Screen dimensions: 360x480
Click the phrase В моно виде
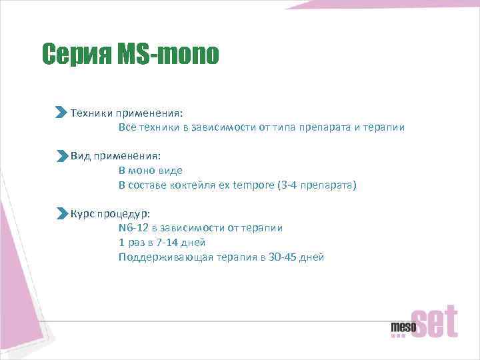click(x=151, y=171)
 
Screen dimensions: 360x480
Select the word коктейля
click(x=193, y=185)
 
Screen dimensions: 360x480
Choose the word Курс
click(x=83, y=214)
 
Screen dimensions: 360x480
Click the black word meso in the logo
click(x=403, y=327)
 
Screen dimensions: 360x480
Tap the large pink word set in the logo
click(x=437, y=322)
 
